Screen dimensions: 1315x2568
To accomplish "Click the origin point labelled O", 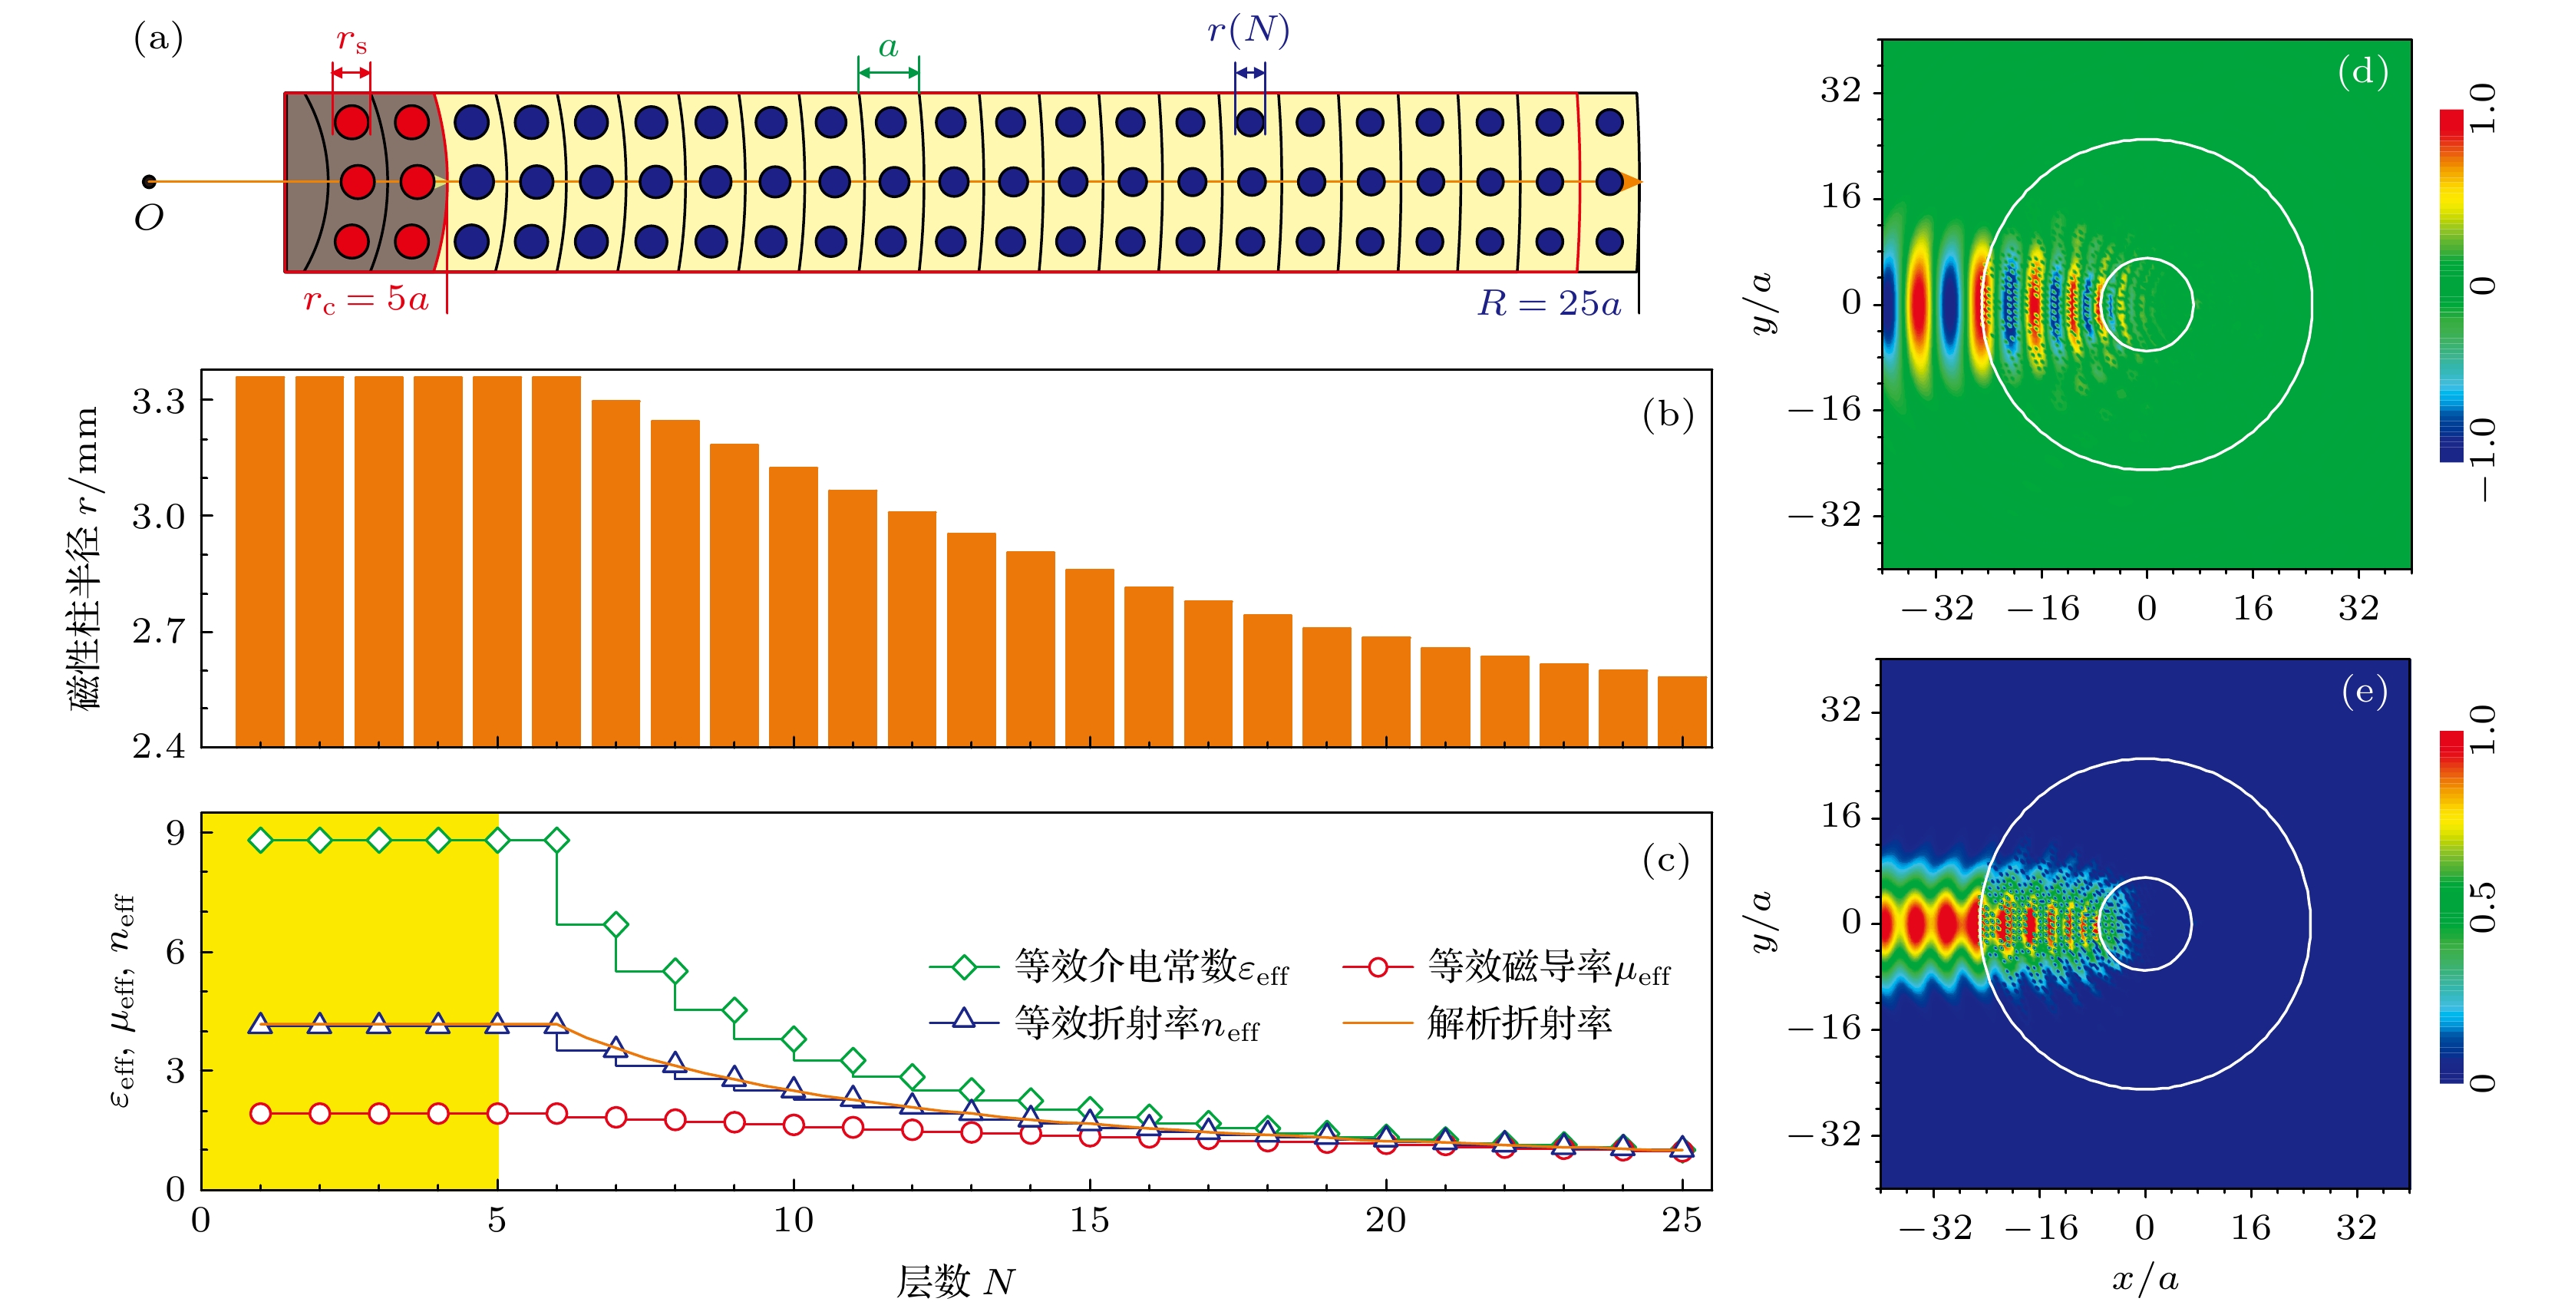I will click(x=150, y=181).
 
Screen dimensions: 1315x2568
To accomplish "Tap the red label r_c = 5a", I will click(x=366, y=299).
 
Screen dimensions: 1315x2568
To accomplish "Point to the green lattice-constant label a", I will click(x=888, y=47).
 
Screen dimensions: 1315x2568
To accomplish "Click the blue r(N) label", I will click(x=1248, y=30).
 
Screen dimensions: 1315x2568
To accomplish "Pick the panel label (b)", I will click(x=1668, y=414).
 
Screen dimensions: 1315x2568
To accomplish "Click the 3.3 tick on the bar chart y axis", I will click(x=159, y=401).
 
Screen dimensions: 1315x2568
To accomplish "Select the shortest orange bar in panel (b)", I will click(x=1682, y=711).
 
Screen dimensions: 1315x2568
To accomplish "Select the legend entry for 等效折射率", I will click(x=1094, y=1023).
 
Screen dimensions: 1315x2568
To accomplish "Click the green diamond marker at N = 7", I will click(x=616, y=925).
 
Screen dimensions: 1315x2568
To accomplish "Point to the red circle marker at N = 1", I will click(x=260, y=1114).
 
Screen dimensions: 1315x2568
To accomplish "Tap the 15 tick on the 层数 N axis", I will click(x=1090, y=1221).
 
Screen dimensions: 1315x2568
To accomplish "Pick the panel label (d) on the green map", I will click(x=2362, y=72).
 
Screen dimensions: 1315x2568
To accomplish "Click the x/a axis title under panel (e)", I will click(x=2144, y=1278).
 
